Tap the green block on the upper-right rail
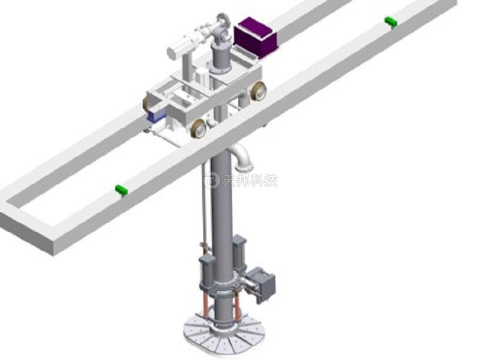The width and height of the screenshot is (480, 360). [x=391, y=22]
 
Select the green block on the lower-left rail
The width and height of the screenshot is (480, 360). [x=121, y=190]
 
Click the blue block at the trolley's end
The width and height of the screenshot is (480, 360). [x=155, y=116]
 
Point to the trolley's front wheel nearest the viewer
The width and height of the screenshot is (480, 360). [x=199, y=128]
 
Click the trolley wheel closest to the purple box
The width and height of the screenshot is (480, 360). [x=258, y=91]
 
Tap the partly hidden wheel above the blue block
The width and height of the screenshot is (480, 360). [x=146, y=104]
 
